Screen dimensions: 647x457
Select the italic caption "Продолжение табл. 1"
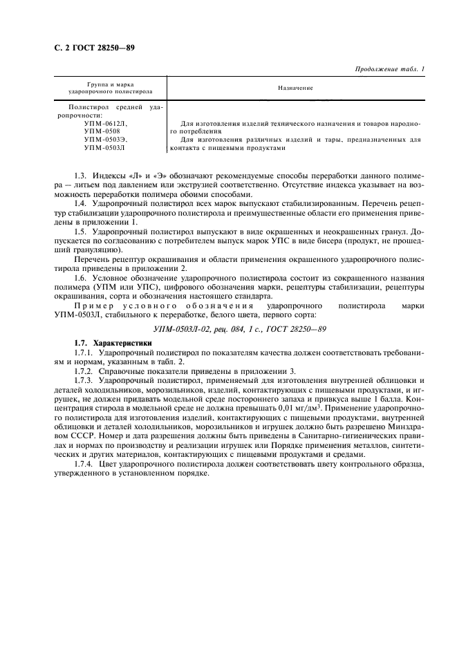click(389, 68)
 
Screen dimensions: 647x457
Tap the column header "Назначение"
click(296, 88)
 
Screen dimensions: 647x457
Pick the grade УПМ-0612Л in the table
click(106, 122)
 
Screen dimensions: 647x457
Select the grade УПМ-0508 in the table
click(102, 131)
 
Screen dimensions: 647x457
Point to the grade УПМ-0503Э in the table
click(106, 139)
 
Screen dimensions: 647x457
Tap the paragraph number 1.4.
click(81, 205)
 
